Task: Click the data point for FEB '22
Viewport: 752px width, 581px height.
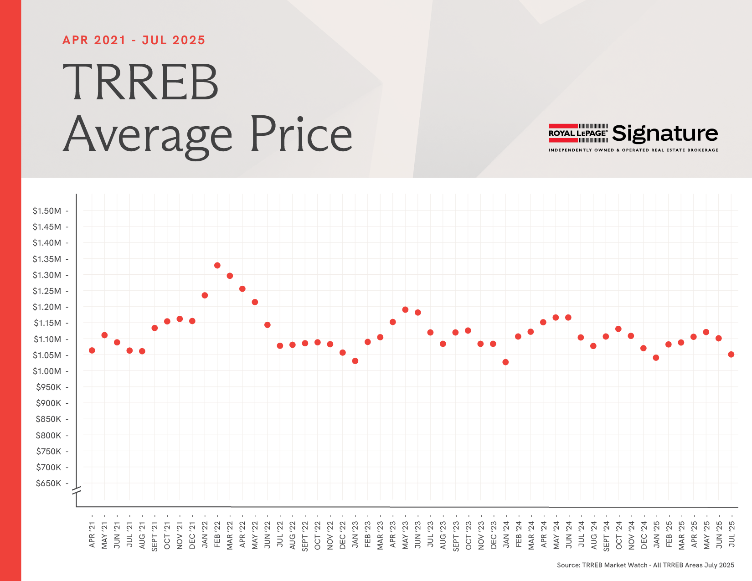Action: (x=217, y=265)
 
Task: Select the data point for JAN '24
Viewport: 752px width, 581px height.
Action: (x=505, y=362)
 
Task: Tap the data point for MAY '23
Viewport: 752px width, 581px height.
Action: (x=405, y=310)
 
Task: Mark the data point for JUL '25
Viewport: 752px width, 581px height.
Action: (x=731, y=355)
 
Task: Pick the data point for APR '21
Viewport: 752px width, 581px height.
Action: (x=92, y=350)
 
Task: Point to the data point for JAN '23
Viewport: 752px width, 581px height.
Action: (x=355, y=361)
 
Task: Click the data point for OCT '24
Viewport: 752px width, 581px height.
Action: (x=618, y=329)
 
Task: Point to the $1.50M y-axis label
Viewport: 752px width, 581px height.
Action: (x=46, y=211)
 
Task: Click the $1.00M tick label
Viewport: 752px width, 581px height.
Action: (x=46, y=371)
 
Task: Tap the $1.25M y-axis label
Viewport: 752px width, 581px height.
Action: (x=46, y=291)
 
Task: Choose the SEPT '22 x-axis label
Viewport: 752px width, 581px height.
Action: (x=305, y=536)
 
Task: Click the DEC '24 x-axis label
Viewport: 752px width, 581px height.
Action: (x=644, y=535)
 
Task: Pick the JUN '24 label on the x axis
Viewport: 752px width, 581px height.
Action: (x=568, y=535)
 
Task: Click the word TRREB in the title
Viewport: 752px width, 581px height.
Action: (x=140, y=82)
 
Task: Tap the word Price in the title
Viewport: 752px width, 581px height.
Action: (x=301, y=134)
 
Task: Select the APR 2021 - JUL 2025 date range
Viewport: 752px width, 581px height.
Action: (x=134, y=40)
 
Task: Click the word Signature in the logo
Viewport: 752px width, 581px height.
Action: (x=665, y=134)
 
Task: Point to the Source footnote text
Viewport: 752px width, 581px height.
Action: (x=645, y=565)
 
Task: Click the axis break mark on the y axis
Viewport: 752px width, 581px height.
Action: (x=77, y=491)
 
